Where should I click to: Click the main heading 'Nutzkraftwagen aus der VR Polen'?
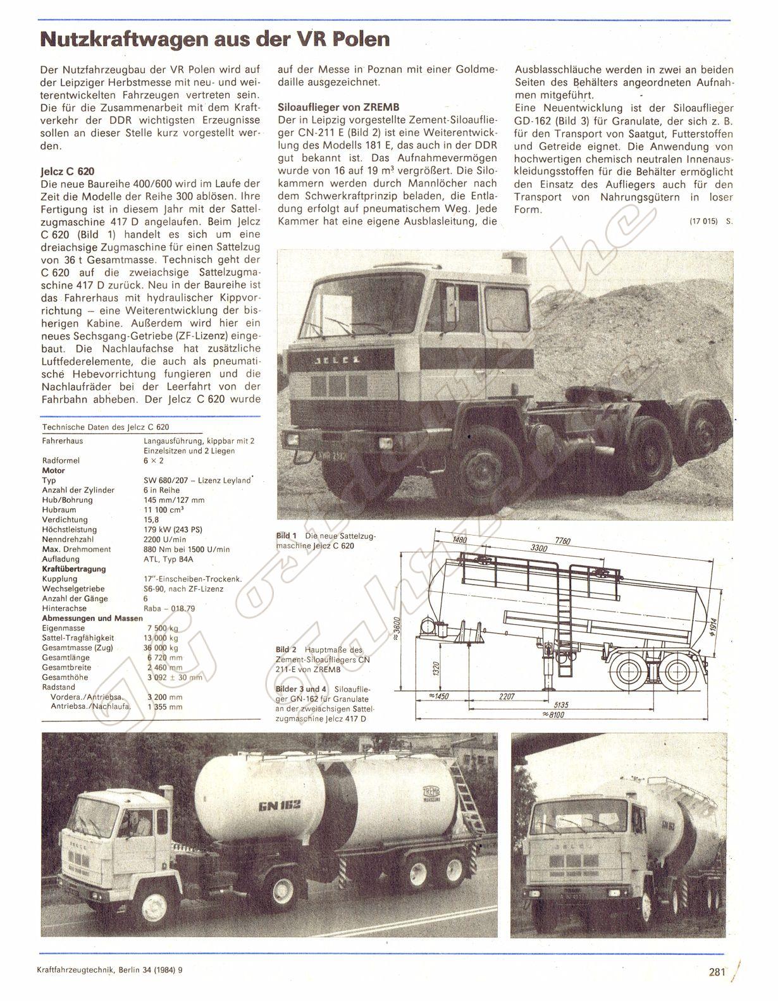(215, 39)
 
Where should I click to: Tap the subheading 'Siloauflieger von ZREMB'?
(338, 107)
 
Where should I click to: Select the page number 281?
(716, 973)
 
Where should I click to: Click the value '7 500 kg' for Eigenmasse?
(162, 628)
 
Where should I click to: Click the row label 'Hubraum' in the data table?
(59, 510)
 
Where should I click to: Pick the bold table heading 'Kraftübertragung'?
(74, 568)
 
